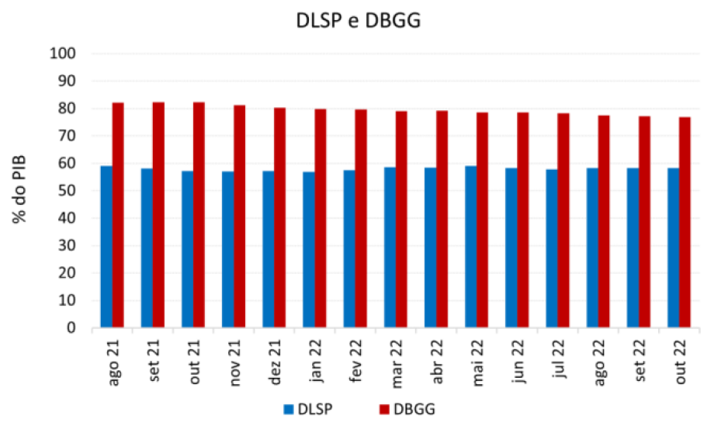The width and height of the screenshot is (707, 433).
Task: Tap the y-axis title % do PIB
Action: pyautogui.click(x=21, y=189)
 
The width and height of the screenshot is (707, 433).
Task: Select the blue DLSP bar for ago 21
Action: pyautogui.click(x=106, y=247)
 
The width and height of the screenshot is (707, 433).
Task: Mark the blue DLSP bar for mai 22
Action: pyautogui.click(x=471, y=247)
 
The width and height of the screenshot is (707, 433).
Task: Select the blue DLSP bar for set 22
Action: pyautogui.click(x=632, y=248)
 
